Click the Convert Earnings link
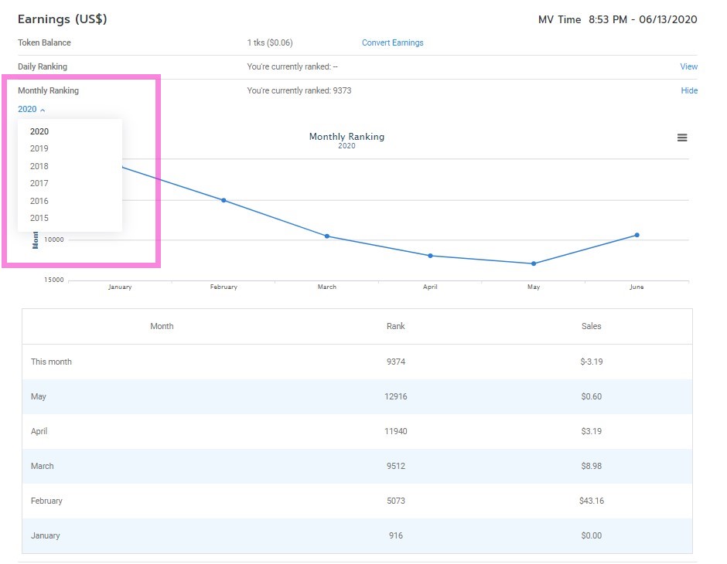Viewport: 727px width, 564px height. point(392,42)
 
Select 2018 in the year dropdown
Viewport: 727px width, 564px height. point(39,166)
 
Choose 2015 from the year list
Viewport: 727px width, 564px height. point(39,218)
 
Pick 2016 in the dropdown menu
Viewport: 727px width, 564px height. point(39,201)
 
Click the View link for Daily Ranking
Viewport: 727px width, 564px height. point(688,66)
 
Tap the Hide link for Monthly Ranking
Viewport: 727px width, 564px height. point(689,90)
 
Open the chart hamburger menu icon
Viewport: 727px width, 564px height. point(682,138)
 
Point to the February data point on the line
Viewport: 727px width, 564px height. point(224,200)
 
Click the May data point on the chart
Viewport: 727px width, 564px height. point(534,263)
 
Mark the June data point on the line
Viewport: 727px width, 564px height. point(637,235)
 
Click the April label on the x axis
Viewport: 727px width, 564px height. point(430,287)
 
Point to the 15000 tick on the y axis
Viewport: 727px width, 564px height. point(53,280)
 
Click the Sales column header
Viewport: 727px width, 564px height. point(591,326)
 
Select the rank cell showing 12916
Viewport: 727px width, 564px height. point(395,396)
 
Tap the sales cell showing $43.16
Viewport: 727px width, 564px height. point(591,501)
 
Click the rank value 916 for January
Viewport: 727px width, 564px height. point(395,535)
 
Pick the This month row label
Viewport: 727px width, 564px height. point(51,362)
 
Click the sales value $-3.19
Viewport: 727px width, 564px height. point(591,362)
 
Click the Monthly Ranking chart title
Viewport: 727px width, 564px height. point(346,137)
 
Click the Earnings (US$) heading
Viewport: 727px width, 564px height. point(62,19)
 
